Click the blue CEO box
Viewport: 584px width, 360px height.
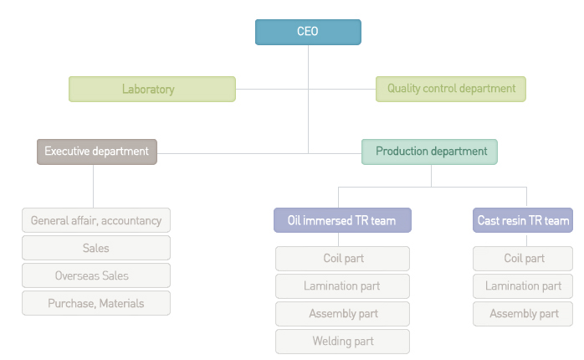pyautogui.click(x=308, y=32)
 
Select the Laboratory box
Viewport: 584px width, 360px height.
pyautogui.click(x=152, y=89)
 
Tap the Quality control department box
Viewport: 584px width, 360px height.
pyautogui.click(x=451, y=89)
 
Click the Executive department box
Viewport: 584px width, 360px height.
pyautogui.click(x=97, y=152)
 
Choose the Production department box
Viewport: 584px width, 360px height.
pyautogui.click(x=429, y=152)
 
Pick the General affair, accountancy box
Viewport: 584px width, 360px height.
pyautogui.click(x=96, y=220)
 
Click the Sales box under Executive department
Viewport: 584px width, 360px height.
pyautogui.click(x=96, y=248)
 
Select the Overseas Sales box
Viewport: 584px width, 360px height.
pyautogui.click(x=96, y=275)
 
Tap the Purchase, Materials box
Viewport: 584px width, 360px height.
pyautogui.click(x=96, y=303)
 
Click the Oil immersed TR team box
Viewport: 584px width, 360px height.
pyautogui.click(x=343, y=220)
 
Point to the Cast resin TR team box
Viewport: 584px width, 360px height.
pyautogui.click(x=523, y=220)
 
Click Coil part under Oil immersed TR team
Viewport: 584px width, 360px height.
pyautogui.click(x=343, y=258)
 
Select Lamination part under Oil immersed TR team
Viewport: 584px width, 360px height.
pyautogui.click(x=343, y=285)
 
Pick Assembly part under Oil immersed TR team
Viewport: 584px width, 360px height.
pyautogui.click(x=343, y=313)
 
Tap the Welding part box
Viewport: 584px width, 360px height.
pyautogui.click(x=343, y=341)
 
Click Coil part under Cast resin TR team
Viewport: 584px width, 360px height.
pyautogui.click(x=523, y=258)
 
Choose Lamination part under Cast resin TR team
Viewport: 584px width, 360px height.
pyautogui.click(x=523, y=285)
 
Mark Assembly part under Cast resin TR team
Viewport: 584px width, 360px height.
pyautogui.click(x=523, y=313)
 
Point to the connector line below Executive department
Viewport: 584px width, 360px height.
pyautogui.click(x=93, y=187)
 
